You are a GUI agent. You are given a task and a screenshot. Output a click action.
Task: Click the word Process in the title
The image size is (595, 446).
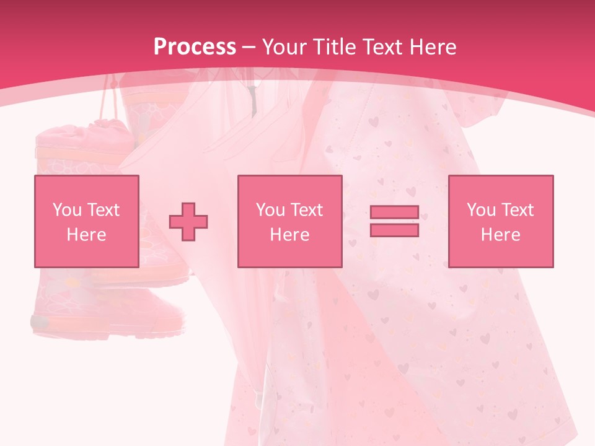tap(195, 47)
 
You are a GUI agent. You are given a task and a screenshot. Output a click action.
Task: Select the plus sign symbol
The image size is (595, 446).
tap(188, 221)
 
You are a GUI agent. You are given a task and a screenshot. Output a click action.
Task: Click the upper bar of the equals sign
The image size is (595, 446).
tap(394, 212)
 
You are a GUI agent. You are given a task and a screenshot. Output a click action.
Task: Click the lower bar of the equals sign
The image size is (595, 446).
tap(394, 230)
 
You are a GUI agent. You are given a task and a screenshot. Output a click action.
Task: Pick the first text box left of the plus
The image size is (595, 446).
tap(86, 221)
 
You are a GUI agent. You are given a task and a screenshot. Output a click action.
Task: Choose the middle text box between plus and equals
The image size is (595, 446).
tap(289, 221)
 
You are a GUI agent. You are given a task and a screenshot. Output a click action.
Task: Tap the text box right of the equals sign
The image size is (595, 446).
tap(500, 221)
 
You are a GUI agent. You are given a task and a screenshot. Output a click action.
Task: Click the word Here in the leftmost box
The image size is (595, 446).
tap(86, 235)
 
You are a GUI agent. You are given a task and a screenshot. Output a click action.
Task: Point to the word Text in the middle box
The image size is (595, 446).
tap(306, 210)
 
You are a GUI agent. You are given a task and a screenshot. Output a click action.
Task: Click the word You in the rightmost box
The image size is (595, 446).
tap(481, 210)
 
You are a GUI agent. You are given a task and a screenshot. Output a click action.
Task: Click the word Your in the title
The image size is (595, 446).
tap(284, 47)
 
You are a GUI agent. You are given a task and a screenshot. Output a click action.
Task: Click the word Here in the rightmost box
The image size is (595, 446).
tap(500, 235)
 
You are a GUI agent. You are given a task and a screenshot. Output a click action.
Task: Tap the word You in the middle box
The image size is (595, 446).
tap(270, 210)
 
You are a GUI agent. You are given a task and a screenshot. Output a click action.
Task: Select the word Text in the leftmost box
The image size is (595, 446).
tap(103, 210)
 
